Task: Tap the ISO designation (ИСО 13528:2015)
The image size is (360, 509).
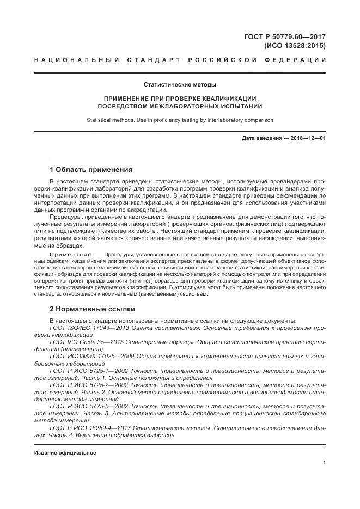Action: [295, 46]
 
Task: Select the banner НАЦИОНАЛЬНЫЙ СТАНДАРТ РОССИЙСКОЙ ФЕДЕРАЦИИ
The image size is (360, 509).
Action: [180, 61]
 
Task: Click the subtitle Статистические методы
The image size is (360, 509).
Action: [180, 85]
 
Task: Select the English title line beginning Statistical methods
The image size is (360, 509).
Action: [180, 120]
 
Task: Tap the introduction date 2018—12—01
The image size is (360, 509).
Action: [308, 138]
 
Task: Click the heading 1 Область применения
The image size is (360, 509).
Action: [90, 169]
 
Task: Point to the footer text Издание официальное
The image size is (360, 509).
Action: [65, 453]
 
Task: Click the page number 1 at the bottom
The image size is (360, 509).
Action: [324, 463]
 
